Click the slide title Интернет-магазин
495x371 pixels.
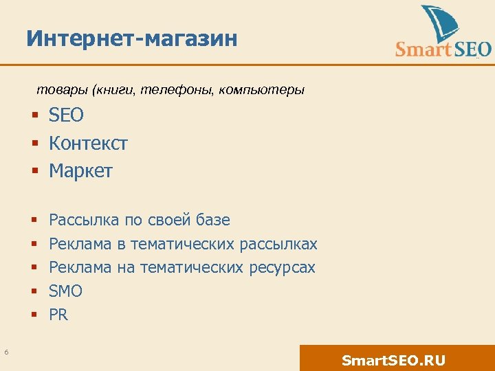pyautogui.click(x=132, y=38)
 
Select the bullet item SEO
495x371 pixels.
pyautogui.click(x=66, y=115)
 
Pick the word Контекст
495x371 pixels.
pyautogui.click(x=88, y=144)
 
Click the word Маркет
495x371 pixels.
pyautogui.click(x=80, y=171)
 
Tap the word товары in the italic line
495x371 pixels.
pyautogui.click(x=57, y=90)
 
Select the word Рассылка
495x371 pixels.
pyautogui.click(x=84, y=220)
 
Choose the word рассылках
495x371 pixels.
pyautogui.click(x=278, y=244)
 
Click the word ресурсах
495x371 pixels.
pyautogui.click(x=278, y=267)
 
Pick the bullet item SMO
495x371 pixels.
pyautogui.click(x=65, y=291)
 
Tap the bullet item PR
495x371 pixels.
pyautogui.click(x=58, y=315)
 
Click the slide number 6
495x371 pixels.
pyautogui.click(x=6, y=352)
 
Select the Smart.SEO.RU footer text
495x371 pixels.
pyautogui.click(x=393, y=361)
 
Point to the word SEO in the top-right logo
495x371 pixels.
pyautogui.click(x=470, y=49)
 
